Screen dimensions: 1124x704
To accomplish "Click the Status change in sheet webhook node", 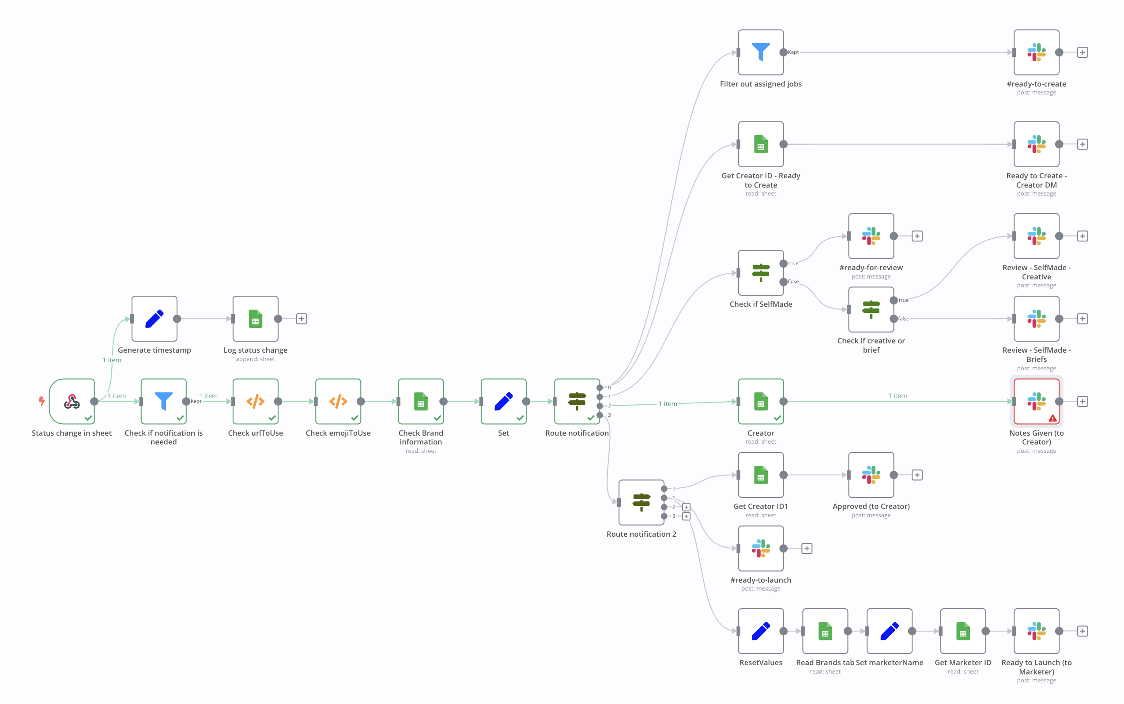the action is coord(72,401).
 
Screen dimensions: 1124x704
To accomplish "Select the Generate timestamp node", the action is coord(154,319).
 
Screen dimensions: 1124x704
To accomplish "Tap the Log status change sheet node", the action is coord(255,319).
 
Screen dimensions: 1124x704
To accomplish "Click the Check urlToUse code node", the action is coord(255,401).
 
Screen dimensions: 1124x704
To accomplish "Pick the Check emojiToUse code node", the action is coord(338,401).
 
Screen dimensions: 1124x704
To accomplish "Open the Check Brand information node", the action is coord(421,401).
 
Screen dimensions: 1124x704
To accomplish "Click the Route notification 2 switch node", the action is coord(641,502).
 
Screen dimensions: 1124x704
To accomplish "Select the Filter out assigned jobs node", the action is coord(761,52).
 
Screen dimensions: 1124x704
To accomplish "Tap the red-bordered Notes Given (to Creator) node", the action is coord(1037,401).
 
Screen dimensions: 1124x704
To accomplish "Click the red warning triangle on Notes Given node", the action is coord(1052,418).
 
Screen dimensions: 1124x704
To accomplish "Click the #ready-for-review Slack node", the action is coord(871,236).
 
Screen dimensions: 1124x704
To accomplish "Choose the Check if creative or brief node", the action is coord(871,310).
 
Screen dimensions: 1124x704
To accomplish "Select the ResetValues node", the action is coord(761,631).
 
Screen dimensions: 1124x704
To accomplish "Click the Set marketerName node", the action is coord(889,631).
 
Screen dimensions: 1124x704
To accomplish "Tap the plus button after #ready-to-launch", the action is coord(807,549).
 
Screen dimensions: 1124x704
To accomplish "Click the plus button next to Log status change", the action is coord(301,319).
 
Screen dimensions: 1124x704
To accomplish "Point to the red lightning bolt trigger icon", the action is coord(42,401).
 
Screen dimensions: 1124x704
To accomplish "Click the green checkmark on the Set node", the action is coord(520,418).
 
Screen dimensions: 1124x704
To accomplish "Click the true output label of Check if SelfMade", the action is coord(793,264).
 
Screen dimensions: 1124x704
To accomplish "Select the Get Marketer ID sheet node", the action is coord(963,631).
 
